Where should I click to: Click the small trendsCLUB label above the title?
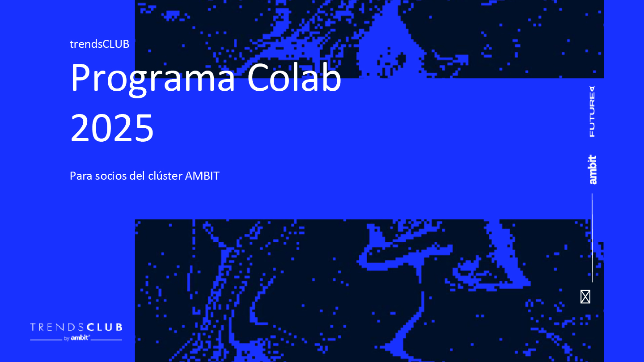[x=99, y=44]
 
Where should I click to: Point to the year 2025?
[x=112, y=127]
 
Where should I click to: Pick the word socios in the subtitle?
[x=111, y=176]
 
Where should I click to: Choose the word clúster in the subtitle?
[x=165, y=176]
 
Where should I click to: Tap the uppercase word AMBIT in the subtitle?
[x=202, y=176]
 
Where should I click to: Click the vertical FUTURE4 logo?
[x=592, y=111]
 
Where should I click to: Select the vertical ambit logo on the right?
[x=592, y=170]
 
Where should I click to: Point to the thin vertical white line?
[x=592, y=238]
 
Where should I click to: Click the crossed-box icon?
[x=585, y=297]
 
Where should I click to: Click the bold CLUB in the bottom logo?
[x=104, y=327]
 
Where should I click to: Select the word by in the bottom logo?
[x=66, y=338]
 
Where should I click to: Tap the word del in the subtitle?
[x=137, y=176]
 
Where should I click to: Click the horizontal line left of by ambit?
[x=46, y=340]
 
